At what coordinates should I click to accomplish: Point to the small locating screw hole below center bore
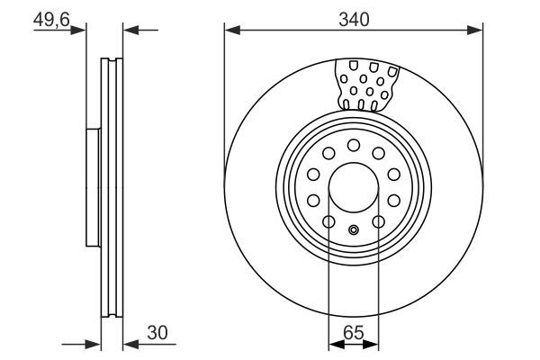coord(354,229)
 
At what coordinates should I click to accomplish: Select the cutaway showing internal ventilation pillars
coord(366,85)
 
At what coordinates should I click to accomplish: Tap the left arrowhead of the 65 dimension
coord(335,343)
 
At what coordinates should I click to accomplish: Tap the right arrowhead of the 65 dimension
coord(373,343)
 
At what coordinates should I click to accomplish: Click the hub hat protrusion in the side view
coord(92,187)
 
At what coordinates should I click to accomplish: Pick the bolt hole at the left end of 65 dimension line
coord(329,222)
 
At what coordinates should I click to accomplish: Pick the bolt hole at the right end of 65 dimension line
coord(378,222)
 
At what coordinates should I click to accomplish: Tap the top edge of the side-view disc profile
coord(111,59)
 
